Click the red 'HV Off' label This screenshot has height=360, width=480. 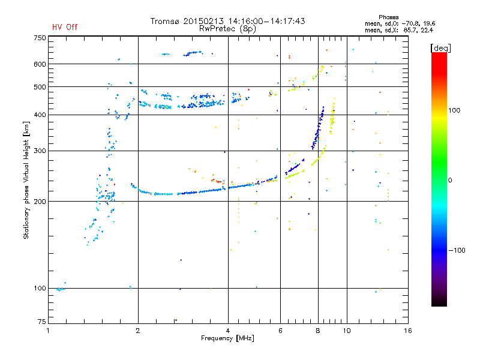pyautogui.click(x=65, y=27)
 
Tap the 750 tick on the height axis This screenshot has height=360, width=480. pyautogui.click(x=39, y=38)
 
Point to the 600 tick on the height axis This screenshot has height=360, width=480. pyautogui.click(x=39, y=64)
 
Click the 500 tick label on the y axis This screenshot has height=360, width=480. pyautogui.click(x=39, y=87)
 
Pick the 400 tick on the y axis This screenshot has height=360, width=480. pyautogui.click(x=39, y=115)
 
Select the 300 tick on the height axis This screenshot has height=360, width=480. pyautogui.click(x=39, y=151)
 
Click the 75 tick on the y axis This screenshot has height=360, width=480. pyautogui.click(x=41, y=322)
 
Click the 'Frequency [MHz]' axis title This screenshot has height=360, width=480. pyautogui.click(x=227, y=338)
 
